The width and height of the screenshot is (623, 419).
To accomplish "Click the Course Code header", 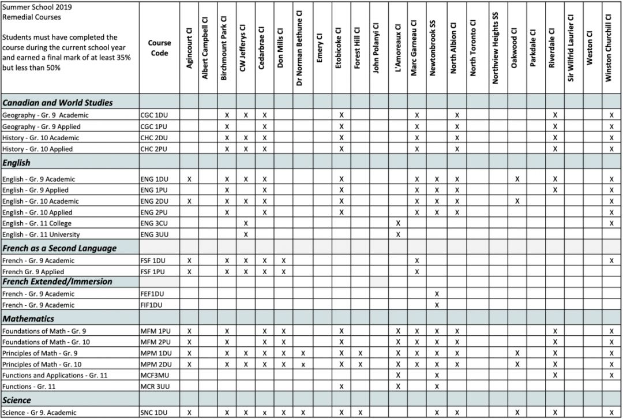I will click(159, 48).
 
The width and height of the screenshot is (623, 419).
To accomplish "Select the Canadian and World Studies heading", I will click(58, 103).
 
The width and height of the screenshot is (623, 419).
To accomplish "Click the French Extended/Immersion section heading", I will click(57, 282).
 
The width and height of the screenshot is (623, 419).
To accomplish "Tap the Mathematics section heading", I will click(28, 319).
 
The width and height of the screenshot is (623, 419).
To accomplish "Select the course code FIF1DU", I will click(152, 305).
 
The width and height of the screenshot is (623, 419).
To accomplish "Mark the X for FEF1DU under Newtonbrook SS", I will click(437, 294).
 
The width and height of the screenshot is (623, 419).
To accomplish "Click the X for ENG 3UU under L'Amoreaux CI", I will click(398, 234).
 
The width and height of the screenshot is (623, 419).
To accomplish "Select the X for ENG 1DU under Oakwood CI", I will click(517, 179).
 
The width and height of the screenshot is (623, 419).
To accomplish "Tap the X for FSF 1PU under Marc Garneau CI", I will click(416, 271).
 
